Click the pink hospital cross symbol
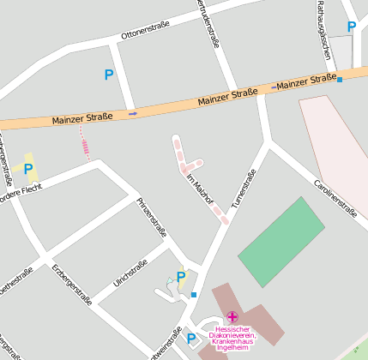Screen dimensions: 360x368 [x=232, y=317]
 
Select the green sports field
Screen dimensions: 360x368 [x=281, y=241]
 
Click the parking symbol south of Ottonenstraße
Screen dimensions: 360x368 [x=108, y=75]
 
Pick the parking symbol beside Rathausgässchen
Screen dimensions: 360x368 [x=351, y=27]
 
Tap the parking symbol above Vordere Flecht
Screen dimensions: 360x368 [x=28, y=169]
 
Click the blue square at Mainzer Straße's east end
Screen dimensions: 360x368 [x=341, y=80]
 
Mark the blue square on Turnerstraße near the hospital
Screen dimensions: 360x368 [x=194, y=296]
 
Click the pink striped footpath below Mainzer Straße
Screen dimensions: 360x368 [x=85, y=143]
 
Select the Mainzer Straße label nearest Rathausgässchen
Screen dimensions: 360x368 [x=306, y=81]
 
